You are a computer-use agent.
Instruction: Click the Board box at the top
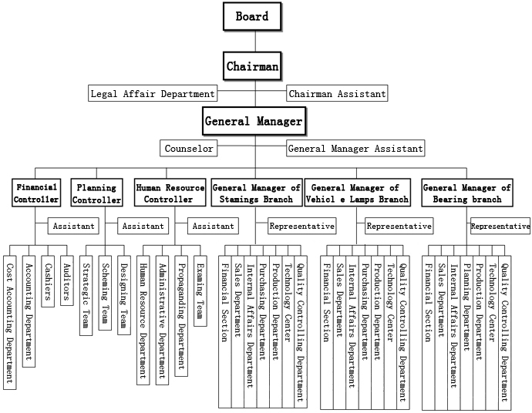click(252, 16)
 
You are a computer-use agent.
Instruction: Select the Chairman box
click(252, 66)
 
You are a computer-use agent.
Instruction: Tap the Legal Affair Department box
click(153, 94)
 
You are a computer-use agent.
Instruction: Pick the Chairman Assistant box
click(337, 94)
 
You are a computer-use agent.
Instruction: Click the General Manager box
click(254, 121)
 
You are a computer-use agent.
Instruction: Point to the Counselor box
click(190, 148)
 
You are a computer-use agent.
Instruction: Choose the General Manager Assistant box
click(355, 148)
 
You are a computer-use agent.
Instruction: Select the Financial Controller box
click(36, 193)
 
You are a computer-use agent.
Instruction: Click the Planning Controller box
click(96, 193)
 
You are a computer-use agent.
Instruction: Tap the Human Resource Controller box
click(170, 193)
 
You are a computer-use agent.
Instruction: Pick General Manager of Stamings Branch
click(256, 193)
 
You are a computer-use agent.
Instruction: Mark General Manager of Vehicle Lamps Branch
click(357, 193)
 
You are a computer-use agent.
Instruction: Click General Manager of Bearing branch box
click(467, 193)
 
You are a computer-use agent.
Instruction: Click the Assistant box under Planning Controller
click(143, 226)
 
